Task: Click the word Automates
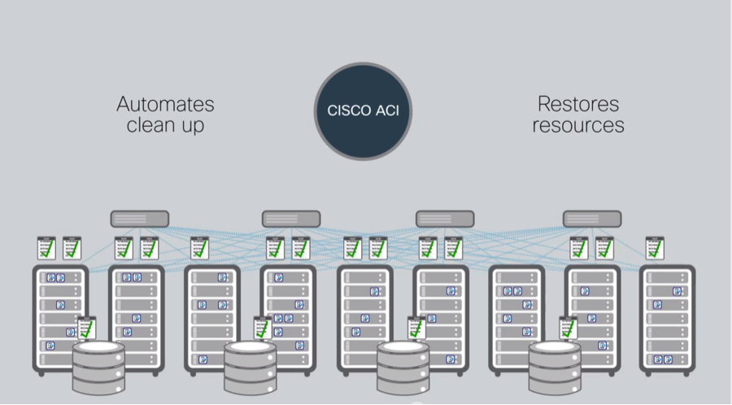[165, 105]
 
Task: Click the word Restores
[577, 105]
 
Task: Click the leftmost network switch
[140, 219]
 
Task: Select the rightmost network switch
[592, 219]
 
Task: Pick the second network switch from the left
[291, 219]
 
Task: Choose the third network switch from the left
[445, 219]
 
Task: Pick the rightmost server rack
[668, 317]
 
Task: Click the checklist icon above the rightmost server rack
[654, 248]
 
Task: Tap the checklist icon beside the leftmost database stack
[86, 328]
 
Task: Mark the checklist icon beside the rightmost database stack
[569, 328]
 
